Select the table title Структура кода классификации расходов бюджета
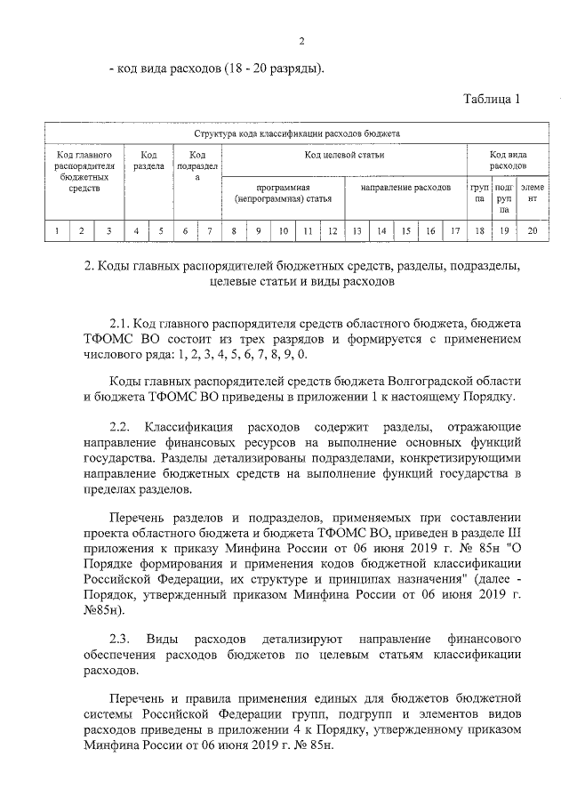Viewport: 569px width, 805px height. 297,133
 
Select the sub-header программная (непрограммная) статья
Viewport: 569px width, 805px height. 282,194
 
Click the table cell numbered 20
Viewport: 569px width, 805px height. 533,232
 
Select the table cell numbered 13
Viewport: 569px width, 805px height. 356,232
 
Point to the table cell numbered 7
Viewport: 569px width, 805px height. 208,232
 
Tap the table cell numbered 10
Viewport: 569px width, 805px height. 283,232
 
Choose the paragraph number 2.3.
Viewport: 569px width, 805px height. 120,640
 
